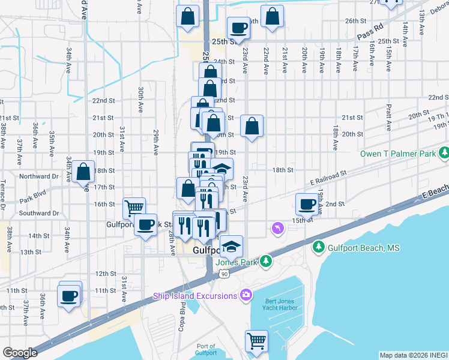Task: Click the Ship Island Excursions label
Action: pos(196,295)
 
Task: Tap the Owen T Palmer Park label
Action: pos(398,154)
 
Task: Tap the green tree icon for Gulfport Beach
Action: pos(318,247)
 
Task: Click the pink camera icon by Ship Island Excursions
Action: pos(245,295)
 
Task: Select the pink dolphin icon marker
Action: pos(277,229)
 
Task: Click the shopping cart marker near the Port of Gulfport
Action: pos(256,340)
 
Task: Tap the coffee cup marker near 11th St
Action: pos(68,295)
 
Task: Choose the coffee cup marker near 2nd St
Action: pos(307,203)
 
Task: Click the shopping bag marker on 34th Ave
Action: pos(84,173)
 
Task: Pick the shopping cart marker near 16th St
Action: pos(134,208)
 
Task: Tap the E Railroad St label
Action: pos(329,176)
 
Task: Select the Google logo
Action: pos(20,353)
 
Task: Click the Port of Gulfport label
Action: pos(206,349)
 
